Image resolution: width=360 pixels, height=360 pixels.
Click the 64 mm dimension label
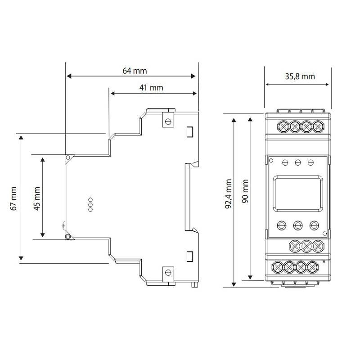135,71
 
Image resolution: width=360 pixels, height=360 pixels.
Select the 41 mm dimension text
151,87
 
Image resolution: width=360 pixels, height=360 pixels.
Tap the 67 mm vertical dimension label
14,198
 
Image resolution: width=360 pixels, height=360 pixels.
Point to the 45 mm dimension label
37,198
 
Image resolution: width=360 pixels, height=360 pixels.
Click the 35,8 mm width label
300,76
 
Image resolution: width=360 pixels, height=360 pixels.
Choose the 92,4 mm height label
229,194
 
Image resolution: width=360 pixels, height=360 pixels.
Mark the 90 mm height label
245,191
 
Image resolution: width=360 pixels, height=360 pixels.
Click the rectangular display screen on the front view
298,193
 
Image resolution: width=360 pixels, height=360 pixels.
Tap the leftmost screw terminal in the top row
283,126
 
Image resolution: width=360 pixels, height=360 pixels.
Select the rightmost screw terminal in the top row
318,126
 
